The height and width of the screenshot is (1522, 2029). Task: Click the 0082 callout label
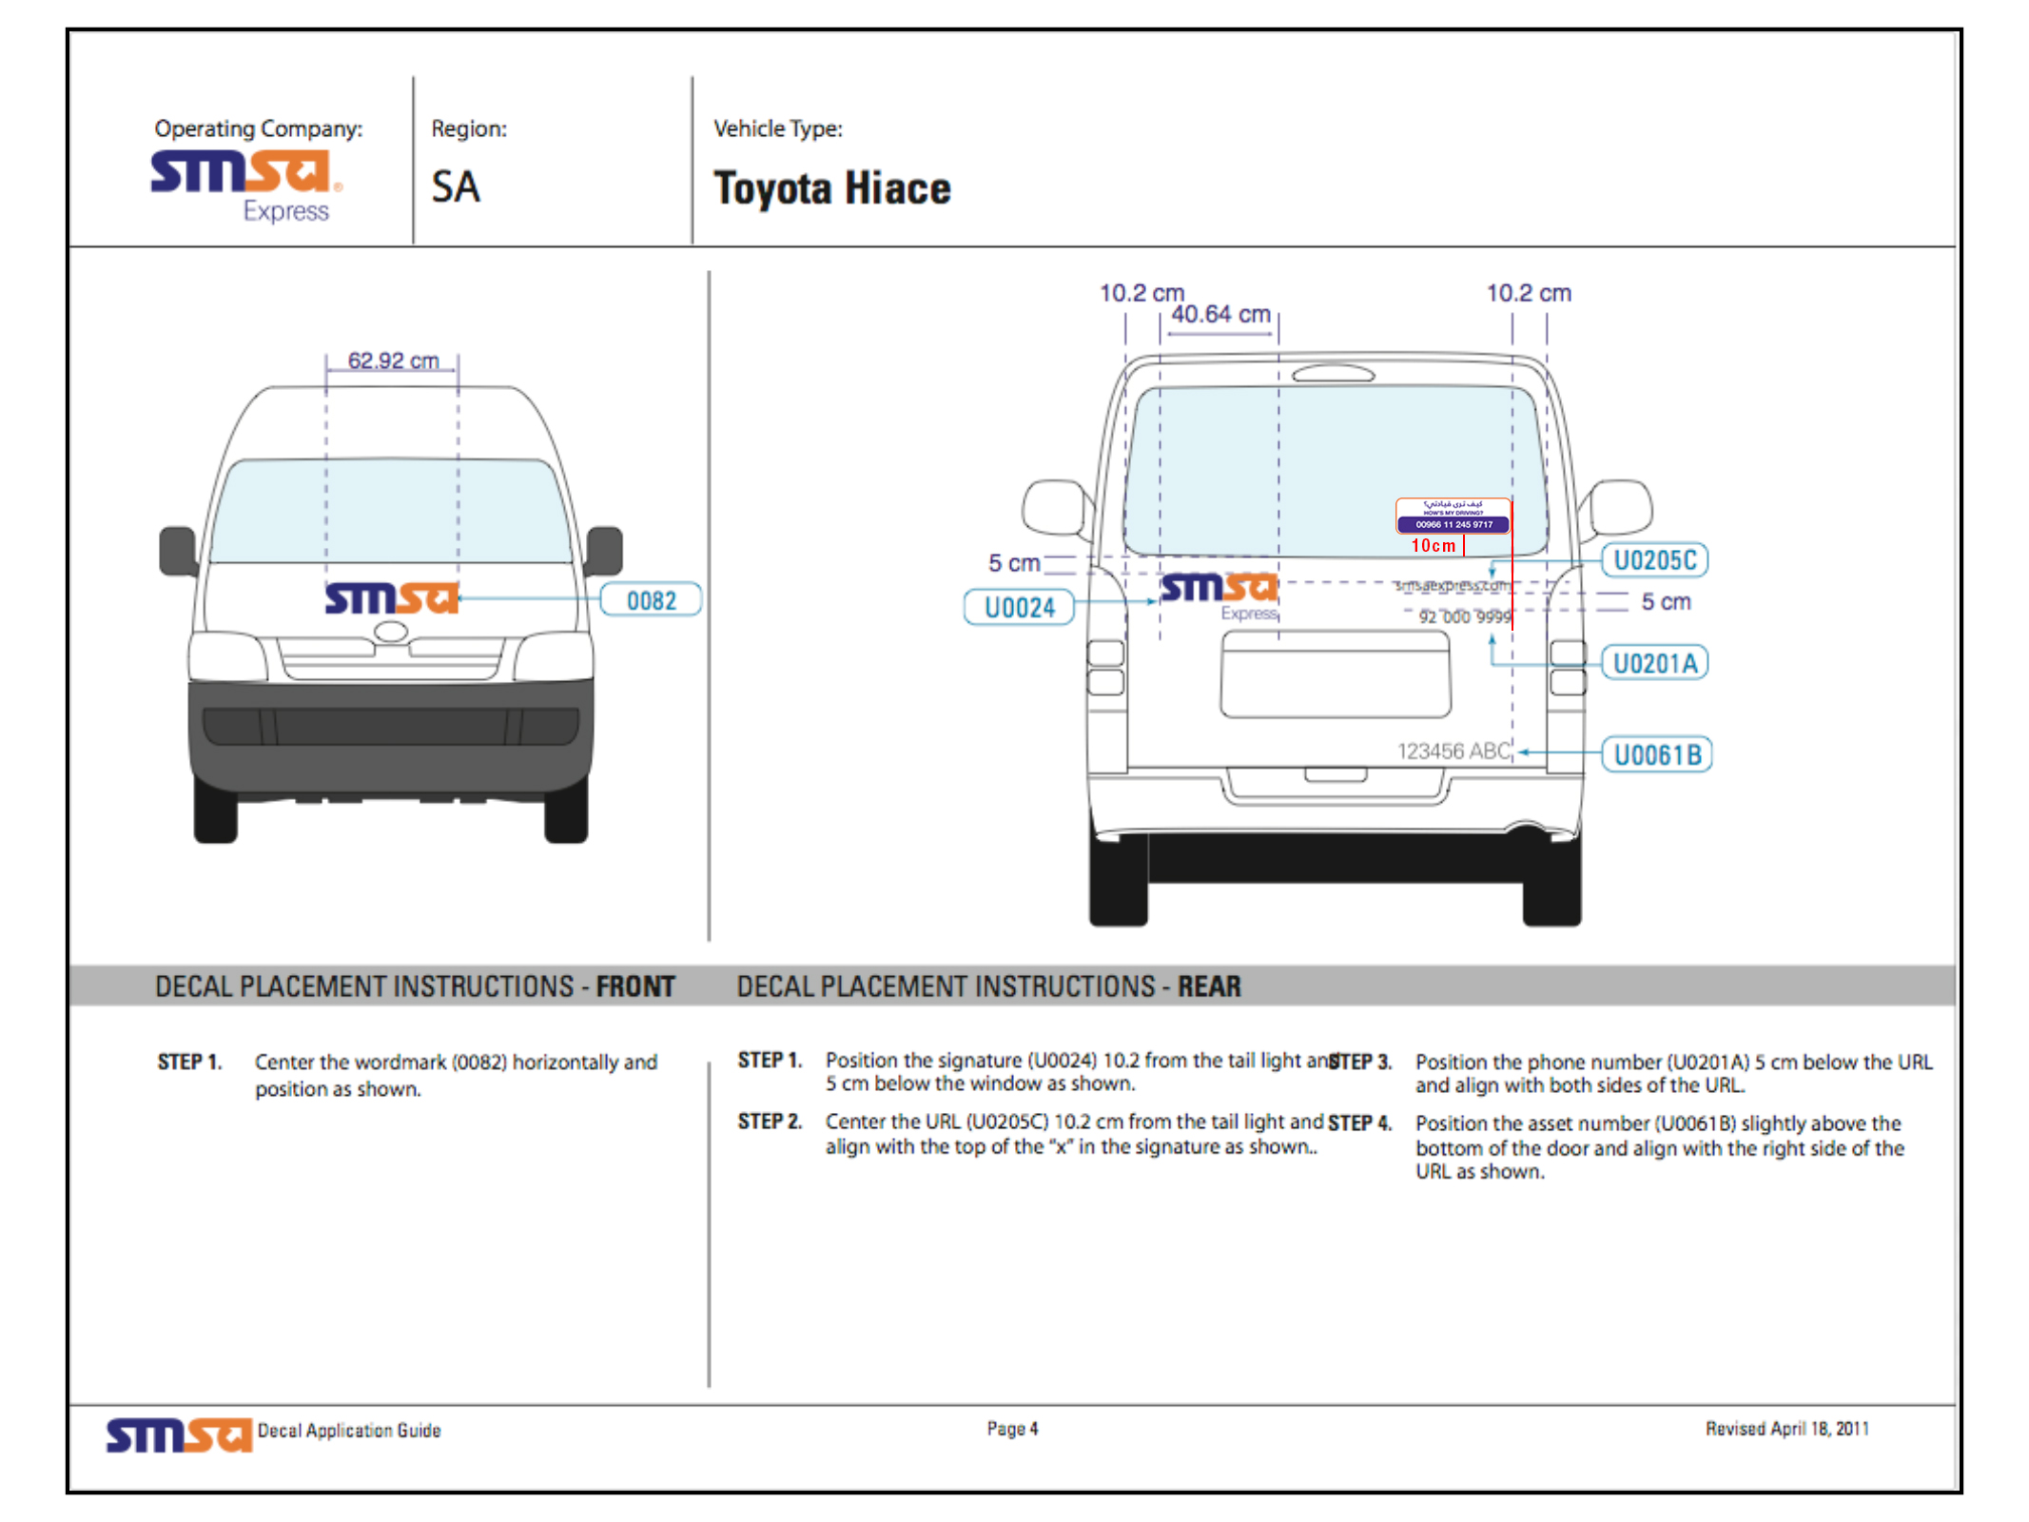tap(651, 600)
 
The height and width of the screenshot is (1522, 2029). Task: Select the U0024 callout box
tap(1019, 607)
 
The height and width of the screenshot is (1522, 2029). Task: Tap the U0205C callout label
tap(1654, 560)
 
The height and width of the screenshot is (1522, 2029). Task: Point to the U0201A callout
tap(1654, 663)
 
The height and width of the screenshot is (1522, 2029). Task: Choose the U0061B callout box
tap(1656, 754)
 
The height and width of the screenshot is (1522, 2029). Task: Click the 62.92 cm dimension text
tap(393, 361)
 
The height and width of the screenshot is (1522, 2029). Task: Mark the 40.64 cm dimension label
tap(1220, 314)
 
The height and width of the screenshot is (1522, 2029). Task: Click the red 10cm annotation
tap(1433, 545)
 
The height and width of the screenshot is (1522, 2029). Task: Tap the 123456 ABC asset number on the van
tap(1453, 751)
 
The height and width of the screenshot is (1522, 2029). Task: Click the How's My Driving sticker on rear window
tap(1453, 515)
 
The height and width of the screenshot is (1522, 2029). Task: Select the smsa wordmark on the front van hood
tap(391, 598)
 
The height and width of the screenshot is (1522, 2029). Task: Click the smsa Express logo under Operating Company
tap(245, 185)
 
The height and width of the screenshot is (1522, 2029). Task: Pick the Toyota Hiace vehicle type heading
tap(831, 187)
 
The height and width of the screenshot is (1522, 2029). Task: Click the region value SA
tap(456, 186)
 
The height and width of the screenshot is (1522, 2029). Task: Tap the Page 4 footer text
tap(1012, 1428)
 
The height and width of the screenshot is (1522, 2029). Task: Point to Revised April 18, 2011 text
tap(1786, 1428)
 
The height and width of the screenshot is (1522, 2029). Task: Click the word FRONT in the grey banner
tap(635, 986)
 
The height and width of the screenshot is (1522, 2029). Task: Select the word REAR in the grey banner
tap(1209, 986)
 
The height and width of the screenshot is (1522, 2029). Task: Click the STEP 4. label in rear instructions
tap(1359, 1123)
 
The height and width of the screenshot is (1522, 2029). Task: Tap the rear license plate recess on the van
tap(1336, 673)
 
